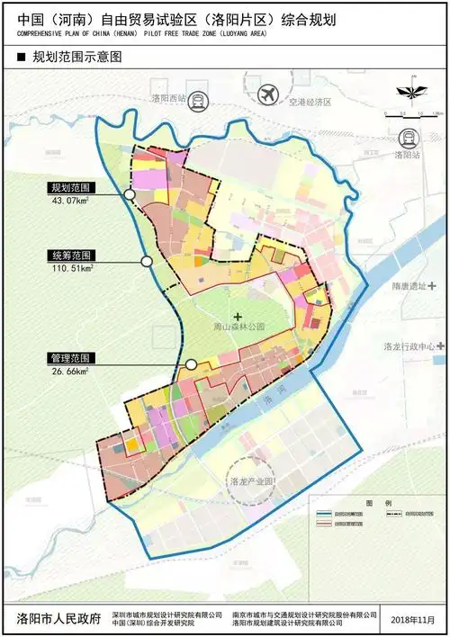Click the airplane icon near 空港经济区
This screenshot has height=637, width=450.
point(266,94)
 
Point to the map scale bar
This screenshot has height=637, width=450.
point(409,113)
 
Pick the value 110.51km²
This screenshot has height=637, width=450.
point(72,267)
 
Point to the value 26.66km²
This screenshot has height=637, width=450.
point(70,370)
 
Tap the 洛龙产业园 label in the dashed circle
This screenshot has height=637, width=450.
point(252,481)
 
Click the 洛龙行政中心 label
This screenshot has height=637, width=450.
point(409,345)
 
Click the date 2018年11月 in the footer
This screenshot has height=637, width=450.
point(414,620)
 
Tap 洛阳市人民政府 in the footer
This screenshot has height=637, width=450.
point(56,620)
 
